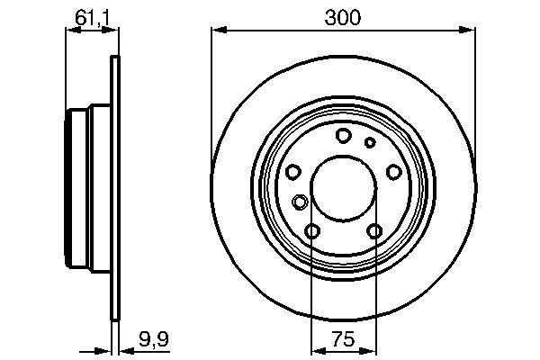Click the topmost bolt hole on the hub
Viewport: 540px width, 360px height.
[x=343, y=136]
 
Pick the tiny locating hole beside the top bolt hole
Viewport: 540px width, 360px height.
[x=369, y=142]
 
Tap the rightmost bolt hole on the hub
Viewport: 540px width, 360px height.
[x=393, y=172]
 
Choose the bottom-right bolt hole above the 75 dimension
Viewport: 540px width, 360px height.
[x=374, y=232]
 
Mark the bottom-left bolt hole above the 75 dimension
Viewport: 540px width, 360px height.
[x=312, y=232]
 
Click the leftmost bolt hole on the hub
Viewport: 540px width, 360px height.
[x=292, y=172]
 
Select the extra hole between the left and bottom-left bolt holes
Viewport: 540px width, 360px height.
[x=300, y=202]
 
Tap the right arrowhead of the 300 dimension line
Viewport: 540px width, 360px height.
[x=470, y=31]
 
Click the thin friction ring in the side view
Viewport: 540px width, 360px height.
[x=114, y=270]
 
